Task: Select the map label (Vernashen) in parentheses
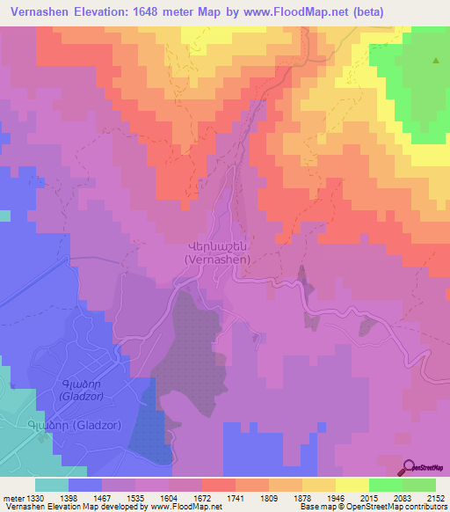(218, 260)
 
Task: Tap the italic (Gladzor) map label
(85, 397)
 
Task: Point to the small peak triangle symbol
(436, 61)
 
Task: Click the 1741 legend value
(236, 498)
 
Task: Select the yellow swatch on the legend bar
(352, 485)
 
